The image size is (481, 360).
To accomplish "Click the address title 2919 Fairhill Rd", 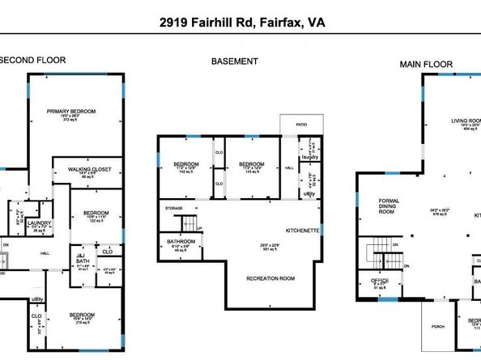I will pos(240,24).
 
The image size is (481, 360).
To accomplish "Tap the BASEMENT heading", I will pos(235,61).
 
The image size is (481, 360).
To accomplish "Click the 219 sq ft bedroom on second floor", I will pos(83,315).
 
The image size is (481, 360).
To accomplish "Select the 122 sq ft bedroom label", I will pos(96,214).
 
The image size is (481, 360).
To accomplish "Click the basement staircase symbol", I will pos(187,222).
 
